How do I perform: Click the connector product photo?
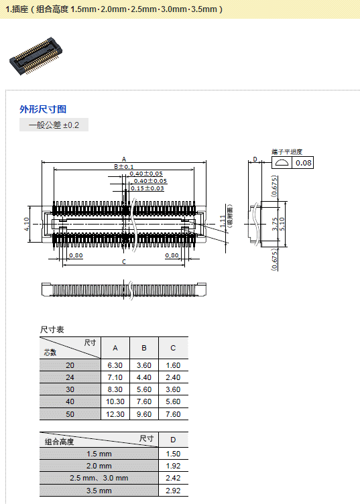[x=36, y=56]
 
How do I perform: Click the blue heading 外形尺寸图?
[x=43, y=109]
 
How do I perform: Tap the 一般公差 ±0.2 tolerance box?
[x=54, y=125]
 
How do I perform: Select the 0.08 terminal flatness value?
[x=304, y=163]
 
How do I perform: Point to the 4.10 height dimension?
[x=27, y=224]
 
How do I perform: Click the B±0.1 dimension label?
[x=124, y=166]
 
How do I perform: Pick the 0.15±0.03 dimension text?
[x=147, y=188]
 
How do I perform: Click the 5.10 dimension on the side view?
[x=282, y=224]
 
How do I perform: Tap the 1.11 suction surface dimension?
[x=223, y=221]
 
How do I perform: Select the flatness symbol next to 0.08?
[x=282, y=163]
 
